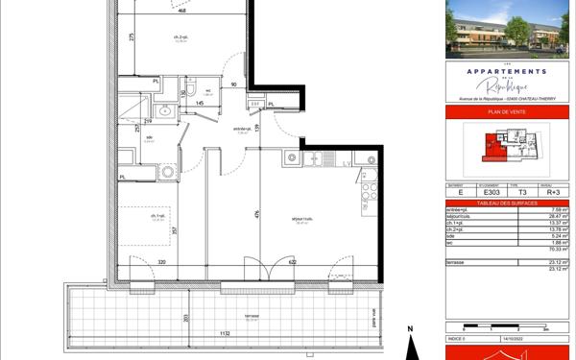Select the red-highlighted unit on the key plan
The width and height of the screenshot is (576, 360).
491,147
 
